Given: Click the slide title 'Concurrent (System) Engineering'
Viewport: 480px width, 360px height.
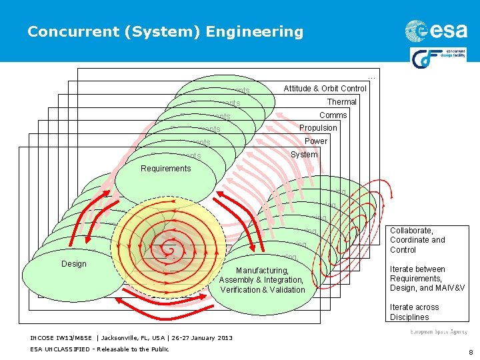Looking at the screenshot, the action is coord(165,31).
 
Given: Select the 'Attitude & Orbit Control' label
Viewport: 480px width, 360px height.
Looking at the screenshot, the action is coord(325,89).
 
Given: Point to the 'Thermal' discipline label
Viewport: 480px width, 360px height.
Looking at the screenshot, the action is coord(341,102).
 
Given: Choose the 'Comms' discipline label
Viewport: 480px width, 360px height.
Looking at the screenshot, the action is coord(333,115).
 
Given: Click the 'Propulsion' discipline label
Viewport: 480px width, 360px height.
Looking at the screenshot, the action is coord(318,128).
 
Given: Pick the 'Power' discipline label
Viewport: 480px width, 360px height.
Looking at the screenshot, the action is coord(316,141).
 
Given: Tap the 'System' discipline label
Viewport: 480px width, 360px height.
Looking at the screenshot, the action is coord(304,155).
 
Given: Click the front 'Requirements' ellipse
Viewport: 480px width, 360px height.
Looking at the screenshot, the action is coord(166,177).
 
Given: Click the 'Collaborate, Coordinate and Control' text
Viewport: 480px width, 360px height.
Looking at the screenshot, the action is coord(417,240).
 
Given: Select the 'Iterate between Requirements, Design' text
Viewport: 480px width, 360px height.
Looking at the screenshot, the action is coord(427,279).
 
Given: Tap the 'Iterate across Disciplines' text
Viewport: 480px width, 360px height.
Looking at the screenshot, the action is coord(415,312).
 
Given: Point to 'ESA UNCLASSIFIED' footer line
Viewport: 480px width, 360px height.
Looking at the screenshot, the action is coord(99,349).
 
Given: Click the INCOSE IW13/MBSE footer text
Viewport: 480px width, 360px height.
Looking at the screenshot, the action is coord(131,338).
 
